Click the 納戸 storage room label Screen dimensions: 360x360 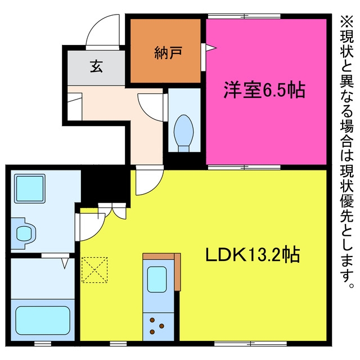(168, 53)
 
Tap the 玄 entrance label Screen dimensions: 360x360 (96, 66)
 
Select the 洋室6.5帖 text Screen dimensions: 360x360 (264, 90)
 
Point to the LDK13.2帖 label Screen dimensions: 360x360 (253, 255)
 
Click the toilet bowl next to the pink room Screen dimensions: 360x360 (183, 133)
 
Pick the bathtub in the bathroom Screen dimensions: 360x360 (43, 321)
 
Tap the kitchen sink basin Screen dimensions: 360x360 (157, 279)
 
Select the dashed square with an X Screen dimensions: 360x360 (94, 270)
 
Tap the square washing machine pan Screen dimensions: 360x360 (30, 188)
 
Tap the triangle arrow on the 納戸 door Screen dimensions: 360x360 (211, 48)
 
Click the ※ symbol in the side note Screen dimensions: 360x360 (346, 22)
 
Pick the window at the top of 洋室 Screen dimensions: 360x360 (244, 16)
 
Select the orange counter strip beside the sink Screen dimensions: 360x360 (178, 272)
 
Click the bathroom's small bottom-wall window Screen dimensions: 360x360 (43, 344)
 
